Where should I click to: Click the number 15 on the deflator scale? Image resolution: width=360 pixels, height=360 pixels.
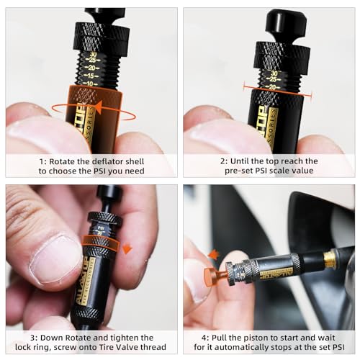point(92,75)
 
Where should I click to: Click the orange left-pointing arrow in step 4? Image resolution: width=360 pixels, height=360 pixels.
point(213,253)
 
